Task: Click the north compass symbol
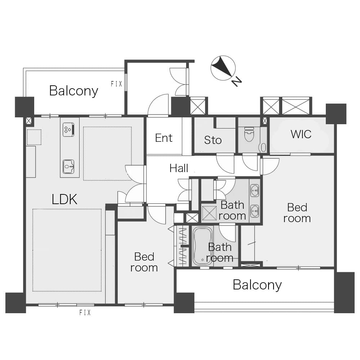click(223, 68)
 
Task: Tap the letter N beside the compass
click(237, 81)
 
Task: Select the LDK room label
click(64, 199)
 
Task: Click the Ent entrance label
click(164, 138)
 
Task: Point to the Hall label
click(179, 168)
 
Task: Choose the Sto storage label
click(213, 140)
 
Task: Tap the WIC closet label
click(301, 134)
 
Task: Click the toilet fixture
click(249, 134)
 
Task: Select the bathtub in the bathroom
click(202, 246)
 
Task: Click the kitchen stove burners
click(68, 130)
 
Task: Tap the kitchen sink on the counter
click(68, 166)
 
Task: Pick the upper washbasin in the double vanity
click(255, 190)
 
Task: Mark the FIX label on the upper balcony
click(117, 84)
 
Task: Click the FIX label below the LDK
click(85, 312)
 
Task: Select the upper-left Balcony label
click(74, 91)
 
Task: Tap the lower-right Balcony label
click(257, 285)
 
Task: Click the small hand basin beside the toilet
click(264, 148)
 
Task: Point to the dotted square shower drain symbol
click(209, 213)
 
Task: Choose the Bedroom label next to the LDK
click(144, 262)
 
